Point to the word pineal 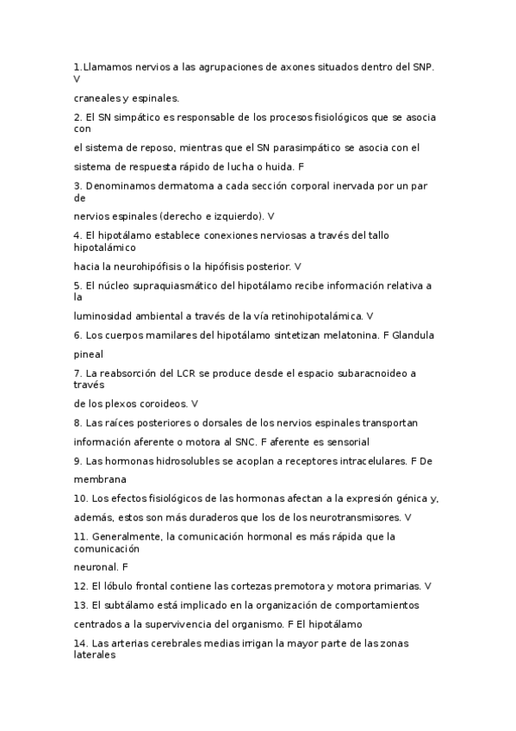point(89,353)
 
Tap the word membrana point(100,478)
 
